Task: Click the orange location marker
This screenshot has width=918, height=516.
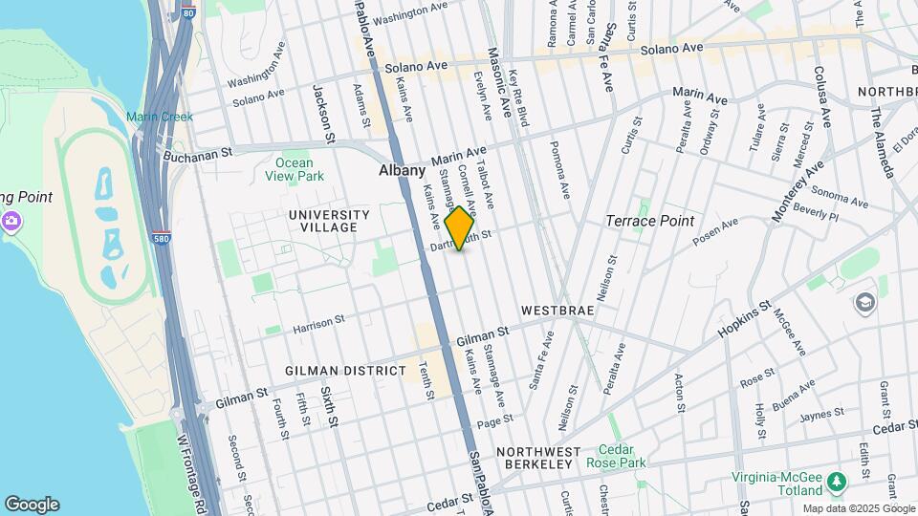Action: (460, 227)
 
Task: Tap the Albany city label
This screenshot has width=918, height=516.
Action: (402, 170)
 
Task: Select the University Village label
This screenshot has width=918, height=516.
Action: (329, 221)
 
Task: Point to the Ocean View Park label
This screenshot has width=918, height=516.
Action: (294, 169)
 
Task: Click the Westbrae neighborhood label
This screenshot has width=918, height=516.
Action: (557, 312)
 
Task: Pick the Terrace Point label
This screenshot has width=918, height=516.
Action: (649, 221)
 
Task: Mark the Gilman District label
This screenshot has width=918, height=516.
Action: (346, 370)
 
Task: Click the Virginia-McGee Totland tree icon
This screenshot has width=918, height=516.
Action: (838, 479)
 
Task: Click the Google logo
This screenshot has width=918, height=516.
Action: (32, 505)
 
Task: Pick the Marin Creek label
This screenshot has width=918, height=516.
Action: (160, 117)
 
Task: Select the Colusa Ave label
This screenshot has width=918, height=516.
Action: (820, 96)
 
